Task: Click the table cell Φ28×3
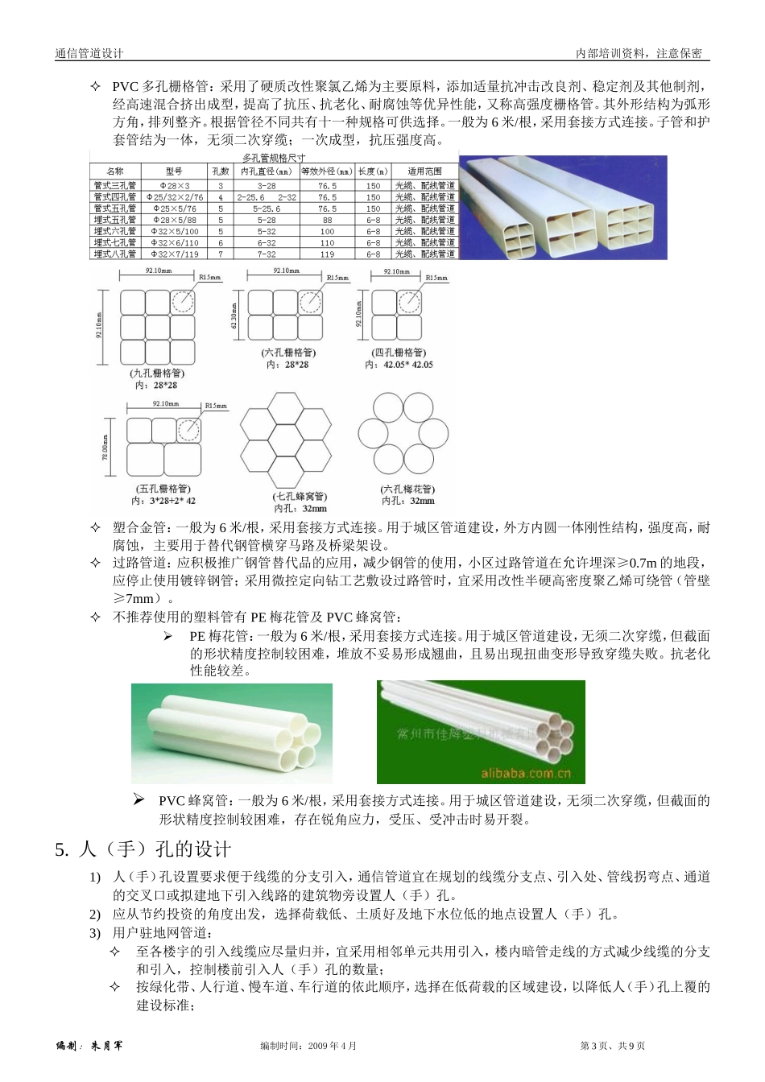click(x=175, y=186)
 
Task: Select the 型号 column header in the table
click(x=174, y=171)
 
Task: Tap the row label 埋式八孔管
click(x=114, y=254)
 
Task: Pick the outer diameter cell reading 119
click(x=327, y=254)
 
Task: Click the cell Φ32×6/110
click(x=175, y=243)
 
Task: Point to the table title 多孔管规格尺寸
click(x=274, y=159)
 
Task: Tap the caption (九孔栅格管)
click(x=157, y=374)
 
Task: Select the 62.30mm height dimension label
click(x=234, y=315)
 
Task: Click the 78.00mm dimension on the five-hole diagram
click(x=105, y=448)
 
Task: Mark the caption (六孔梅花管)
click(x=407, y=489)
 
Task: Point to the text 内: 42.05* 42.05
click(x=399, y=365)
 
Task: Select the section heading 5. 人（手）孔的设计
click(x=143, y=849)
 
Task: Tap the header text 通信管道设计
click(x=89, y=53)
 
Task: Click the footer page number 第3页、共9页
click(x=612, y=1046)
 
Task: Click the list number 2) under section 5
click(x=95, y=915)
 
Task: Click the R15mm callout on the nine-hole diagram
click(x=210, y=278)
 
